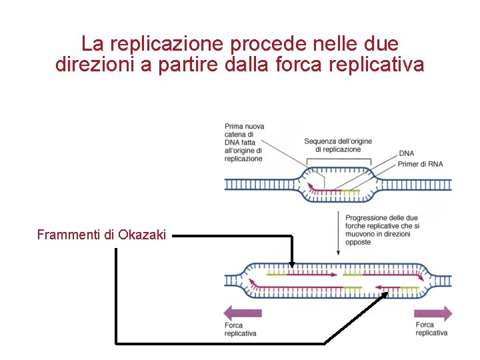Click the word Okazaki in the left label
pos(142,235)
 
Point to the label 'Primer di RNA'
pos(420,165)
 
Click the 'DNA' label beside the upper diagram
pos(407,154)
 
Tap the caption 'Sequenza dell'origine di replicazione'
pos(338,145)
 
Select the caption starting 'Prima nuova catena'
pos(244,142)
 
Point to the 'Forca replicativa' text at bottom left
pos(241,329)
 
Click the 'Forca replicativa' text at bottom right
pos(431,329)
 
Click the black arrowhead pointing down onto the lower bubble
pos(291,265)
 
